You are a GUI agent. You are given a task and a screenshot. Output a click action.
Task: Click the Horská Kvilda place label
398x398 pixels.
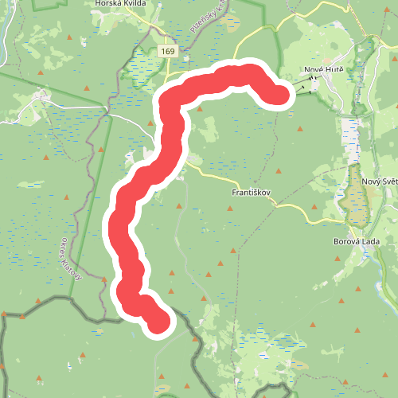(x=119, y=3)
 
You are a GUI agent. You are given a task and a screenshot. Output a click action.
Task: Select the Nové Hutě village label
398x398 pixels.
(x=322, y=71)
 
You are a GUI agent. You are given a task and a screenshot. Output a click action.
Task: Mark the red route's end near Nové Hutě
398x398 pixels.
(x=277, y=96)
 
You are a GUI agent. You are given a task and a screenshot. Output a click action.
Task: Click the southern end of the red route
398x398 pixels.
(x=158, y=322)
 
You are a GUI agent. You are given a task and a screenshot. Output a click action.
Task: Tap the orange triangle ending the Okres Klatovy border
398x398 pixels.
(x=104, y=278)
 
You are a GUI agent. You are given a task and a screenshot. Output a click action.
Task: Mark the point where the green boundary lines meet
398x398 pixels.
(x=107, y=104)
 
